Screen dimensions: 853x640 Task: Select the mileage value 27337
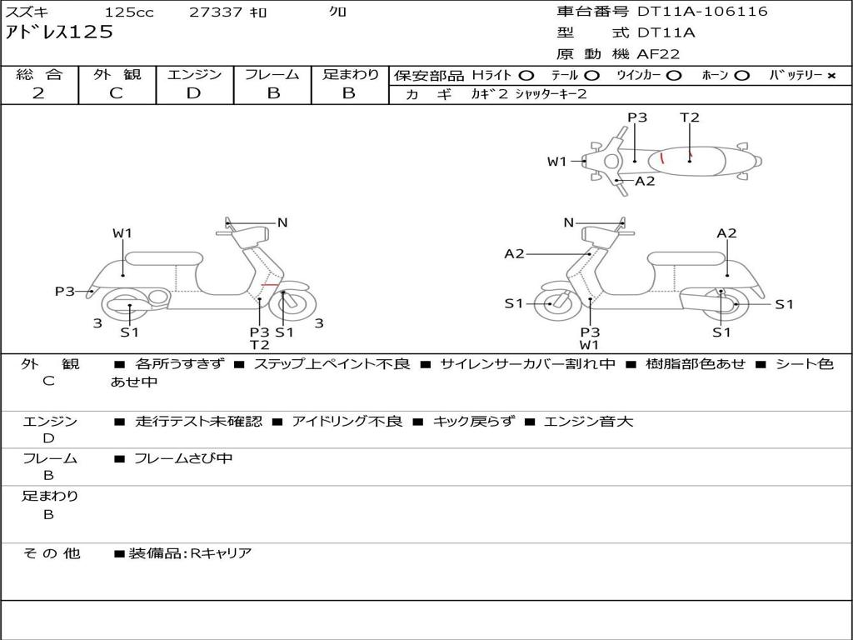tap(216, 12)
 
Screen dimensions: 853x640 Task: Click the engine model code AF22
tap(658, 54)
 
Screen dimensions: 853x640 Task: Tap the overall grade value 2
tap(38, 93)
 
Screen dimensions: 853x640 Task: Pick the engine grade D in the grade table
tap(193, 93)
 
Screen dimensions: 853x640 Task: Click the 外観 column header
tap(117, 74)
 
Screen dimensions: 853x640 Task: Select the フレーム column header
tap(272, 74)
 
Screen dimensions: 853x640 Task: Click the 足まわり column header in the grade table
tap(350, 74)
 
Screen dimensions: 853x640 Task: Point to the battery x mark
tap(831, 75)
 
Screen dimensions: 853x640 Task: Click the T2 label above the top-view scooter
tap(690, 117)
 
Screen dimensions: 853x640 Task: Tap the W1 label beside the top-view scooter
tap(556, 162)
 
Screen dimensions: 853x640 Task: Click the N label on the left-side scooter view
tap(282, 222)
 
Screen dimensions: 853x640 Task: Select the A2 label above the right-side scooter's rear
tap(726, 233)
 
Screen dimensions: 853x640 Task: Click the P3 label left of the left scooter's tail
tap(65, 291)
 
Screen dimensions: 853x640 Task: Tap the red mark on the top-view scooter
tap(662, 157)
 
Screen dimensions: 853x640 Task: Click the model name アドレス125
tap(59, 32)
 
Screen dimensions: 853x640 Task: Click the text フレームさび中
tap(183, 458)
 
